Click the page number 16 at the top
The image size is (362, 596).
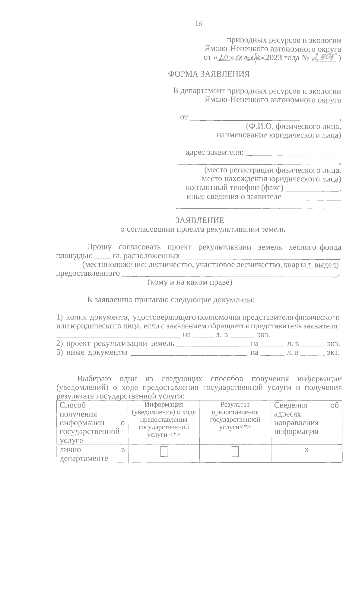[198, 24]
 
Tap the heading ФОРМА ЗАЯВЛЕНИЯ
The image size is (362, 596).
[209, 74]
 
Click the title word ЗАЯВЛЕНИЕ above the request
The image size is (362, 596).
[200, 220]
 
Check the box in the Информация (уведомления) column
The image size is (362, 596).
[164, 452]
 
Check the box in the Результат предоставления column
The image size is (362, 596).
[235, 452]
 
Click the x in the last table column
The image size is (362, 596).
[306, 450]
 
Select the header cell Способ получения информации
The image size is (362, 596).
[92, 422]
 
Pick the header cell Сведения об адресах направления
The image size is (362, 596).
[306, 418]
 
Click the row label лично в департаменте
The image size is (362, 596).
[92, 454]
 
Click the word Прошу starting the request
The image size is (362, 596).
[99, 247]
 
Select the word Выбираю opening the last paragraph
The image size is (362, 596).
[94, 379]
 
